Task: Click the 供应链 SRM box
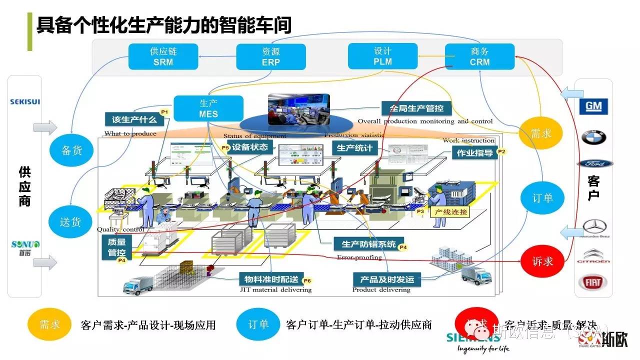(x=163, y=56)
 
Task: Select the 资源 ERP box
(x=271, y=56)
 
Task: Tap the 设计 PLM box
(x=382, y=56)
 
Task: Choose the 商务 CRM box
(x=479, y=56)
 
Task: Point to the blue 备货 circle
(x=71, y=150)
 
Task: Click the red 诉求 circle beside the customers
(x=542, y=261)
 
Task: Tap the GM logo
(x=593, y=106)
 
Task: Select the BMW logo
(x=593, y=137)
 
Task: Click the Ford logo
(x=594, y=163)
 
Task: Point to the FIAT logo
(x=593, y=282)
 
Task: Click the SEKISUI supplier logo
(x=25, y=102)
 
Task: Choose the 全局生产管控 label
(x=416, y=108)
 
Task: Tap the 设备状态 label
(x=250, y=147)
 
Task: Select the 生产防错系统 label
(x=369, y=244)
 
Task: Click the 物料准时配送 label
(x=271, y=279)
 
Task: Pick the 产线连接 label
(x=450, y=212)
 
